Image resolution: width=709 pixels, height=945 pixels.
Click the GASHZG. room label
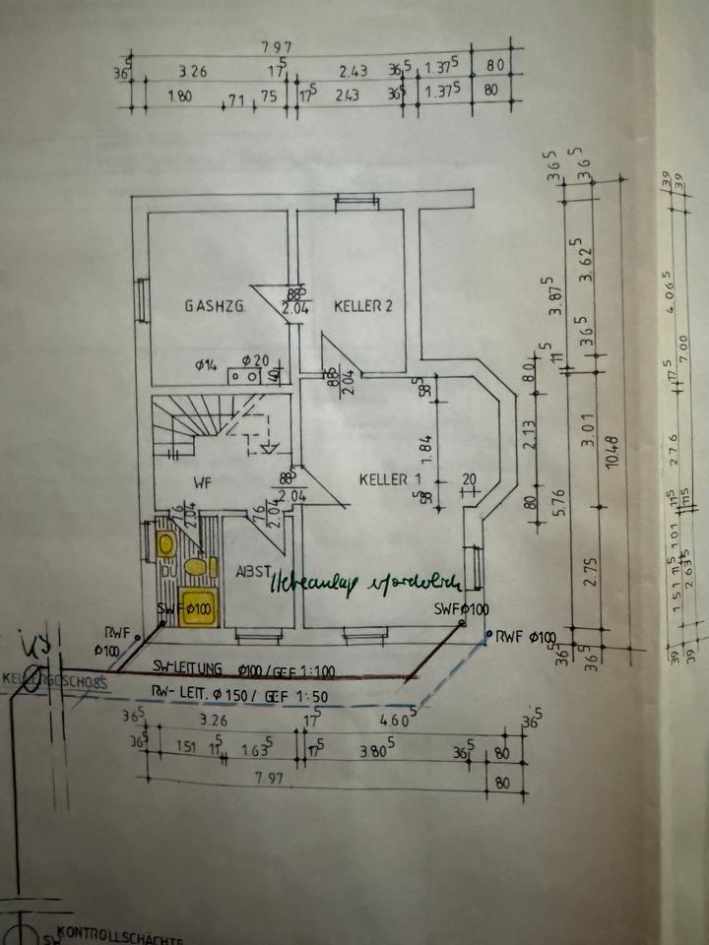click(215, 306)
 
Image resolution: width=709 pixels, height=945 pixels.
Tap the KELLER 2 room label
click(362, 306)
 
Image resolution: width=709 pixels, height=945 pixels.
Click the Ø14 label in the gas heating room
click(206, 365)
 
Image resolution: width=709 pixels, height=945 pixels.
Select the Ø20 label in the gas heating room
click(252, 360)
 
